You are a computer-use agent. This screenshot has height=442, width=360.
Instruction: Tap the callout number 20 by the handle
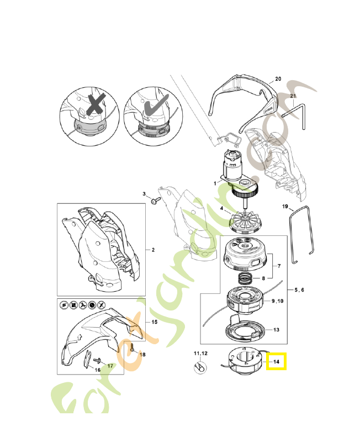(278, 79)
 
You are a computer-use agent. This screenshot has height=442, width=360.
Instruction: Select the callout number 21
(293, 96)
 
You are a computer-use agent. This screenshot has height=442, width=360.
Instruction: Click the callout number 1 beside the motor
(215, 183)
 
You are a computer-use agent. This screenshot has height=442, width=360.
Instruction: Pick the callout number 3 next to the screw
(144, 194)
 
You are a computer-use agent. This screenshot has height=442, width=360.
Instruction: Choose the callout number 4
(221, 209)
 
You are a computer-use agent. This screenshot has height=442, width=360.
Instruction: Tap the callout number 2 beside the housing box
(153, 250)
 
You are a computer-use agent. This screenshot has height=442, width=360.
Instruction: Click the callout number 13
(276, 330)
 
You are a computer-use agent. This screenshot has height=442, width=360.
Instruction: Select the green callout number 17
(110, 365)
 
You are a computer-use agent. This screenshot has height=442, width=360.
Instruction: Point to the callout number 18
(142, 354)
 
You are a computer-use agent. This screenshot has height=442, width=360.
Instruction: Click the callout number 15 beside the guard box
(154, 321)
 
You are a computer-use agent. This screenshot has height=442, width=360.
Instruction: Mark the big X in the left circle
(95, 105)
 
